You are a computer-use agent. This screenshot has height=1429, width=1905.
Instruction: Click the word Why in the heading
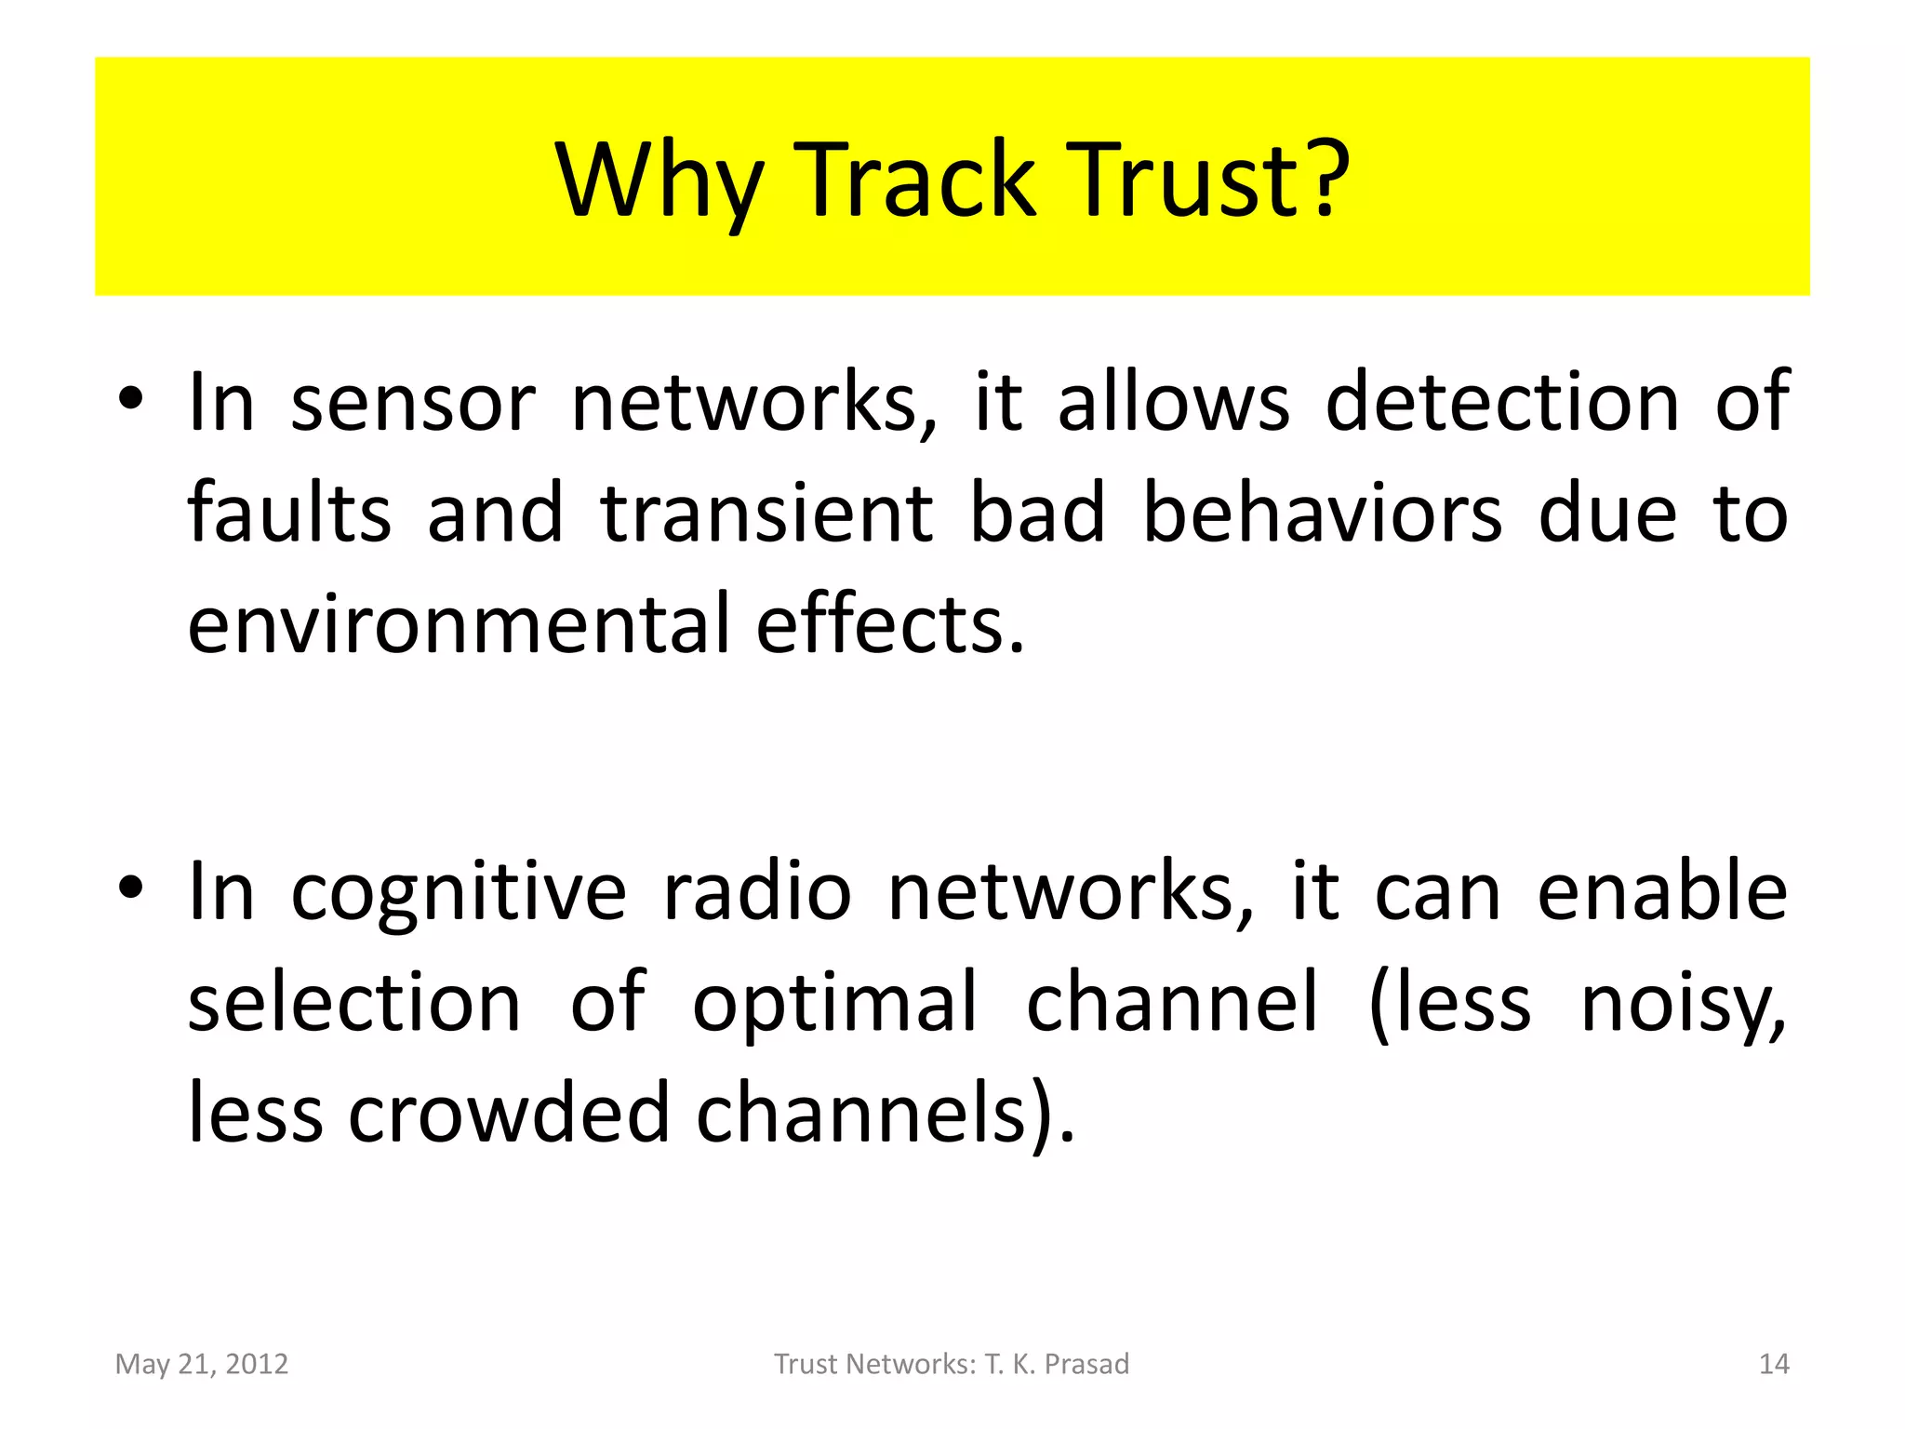click(659, 181)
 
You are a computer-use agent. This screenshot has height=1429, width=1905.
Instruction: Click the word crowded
click(508, 1113)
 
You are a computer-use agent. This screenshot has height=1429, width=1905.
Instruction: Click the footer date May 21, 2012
click(202, 1364)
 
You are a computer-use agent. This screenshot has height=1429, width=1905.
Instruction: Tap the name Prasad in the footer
click(1086, 1364)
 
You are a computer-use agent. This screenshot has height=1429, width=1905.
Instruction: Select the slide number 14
click(1774, 1364)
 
